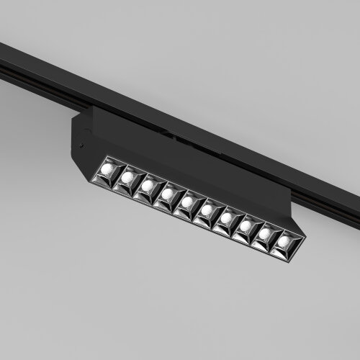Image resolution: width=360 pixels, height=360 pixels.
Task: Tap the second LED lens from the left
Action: tap(127, 176)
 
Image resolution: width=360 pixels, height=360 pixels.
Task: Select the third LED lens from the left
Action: tap(147, 185)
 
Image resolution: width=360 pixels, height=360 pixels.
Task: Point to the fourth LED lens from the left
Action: tap(167, 194)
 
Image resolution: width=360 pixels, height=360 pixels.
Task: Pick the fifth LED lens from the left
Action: tap(186, 202)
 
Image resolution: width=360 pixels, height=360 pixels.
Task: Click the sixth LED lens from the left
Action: tap(207, 210)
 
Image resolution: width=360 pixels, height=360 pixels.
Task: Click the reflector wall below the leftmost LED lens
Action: tap(106, 180)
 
